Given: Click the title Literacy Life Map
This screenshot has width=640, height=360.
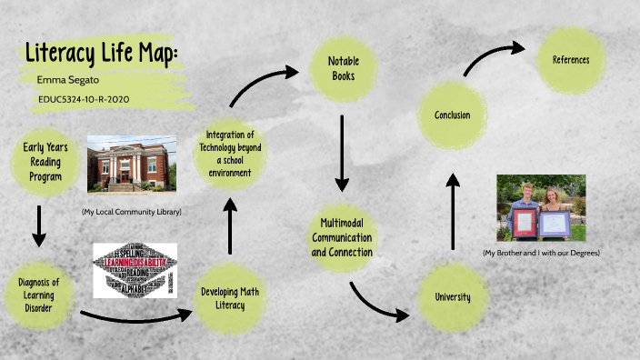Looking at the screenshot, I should (x=101, y=54).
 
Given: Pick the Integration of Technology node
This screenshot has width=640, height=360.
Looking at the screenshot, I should (x=229, y=154).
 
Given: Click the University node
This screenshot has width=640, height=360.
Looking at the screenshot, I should (x=452, y=296).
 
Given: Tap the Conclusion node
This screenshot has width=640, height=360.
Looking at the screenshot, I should (x=452, y=115).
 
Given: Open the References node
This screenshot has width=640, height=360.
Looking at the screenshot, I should (x=570, y=60).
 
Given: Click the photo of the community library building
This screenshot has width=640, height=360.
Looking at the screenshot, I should (x=132, y=164).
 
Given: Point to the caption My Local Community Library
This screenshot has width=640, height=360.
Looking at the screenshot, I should (x=131, y=212).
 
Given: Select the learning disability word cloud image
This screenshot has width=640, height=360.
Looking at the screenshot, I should (x=135, y=271).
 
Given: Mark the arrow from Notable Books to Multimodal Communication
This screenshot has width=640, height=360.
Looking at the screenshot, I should (x=342, y=152).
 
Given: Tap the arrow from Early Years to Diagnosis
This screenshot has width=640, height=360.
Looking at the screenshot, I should (x=38, y=226).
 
